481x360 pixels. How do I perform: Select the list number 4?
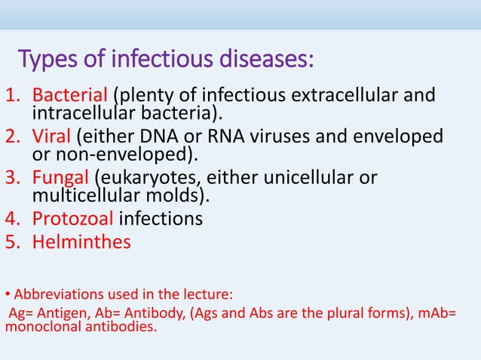point(11,219)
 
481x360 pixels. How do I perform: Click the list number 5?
point(11,243)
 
